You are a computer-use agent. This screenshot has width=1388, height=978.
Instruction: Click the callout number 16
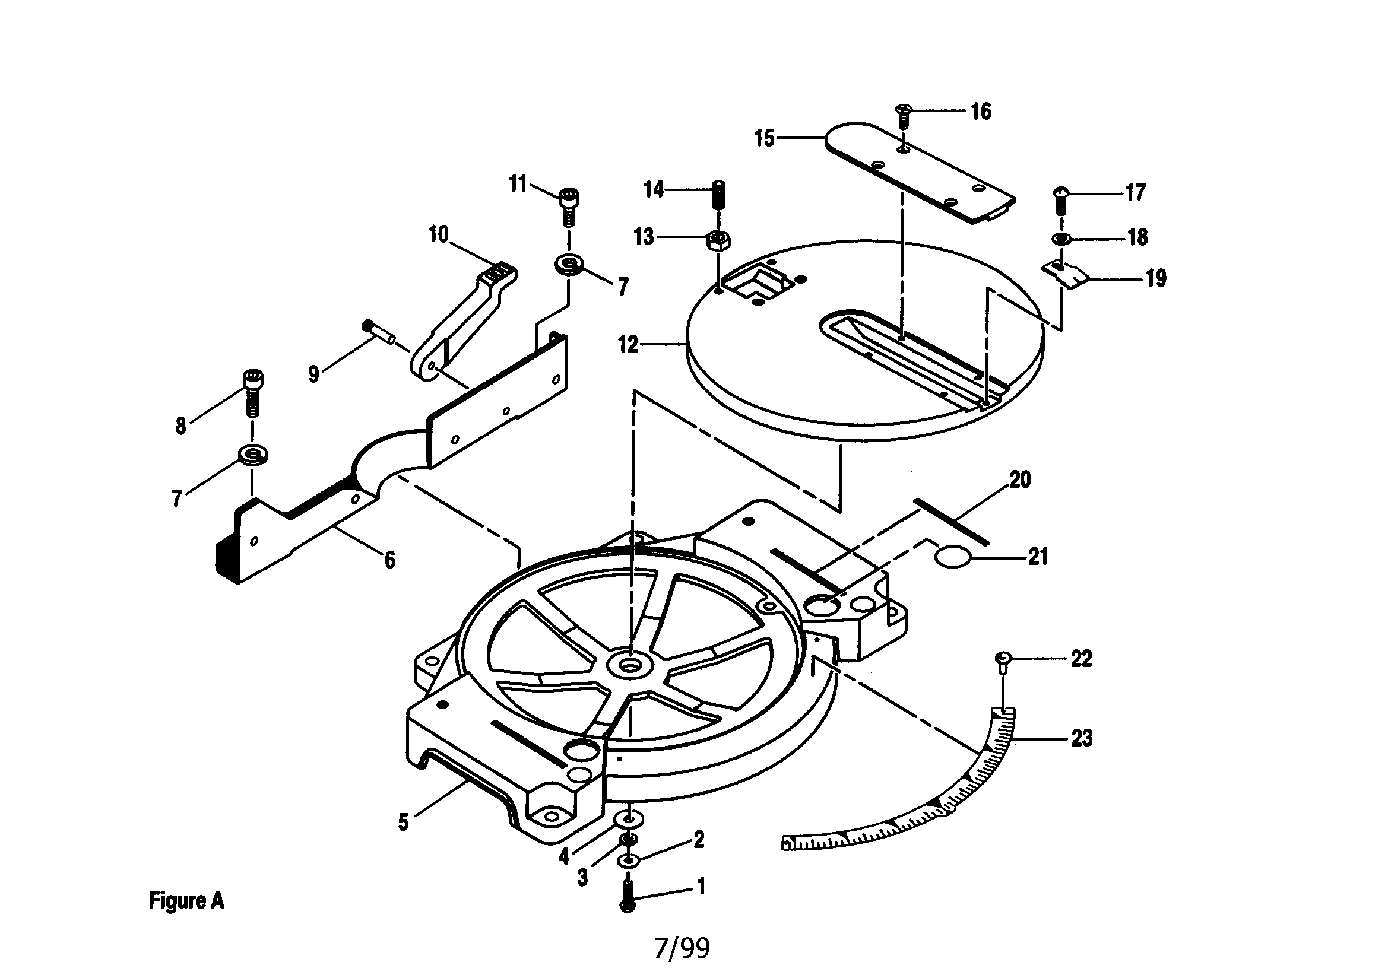pos(981,111)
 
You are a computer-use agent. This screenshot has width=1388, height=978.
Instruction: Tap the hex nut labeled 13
pos(718,241)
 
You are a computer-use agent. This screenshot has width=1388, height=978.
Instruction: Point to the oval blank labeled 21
pos(953,556)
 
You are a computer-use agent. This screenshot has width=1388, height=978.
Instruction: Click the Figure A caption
pos(186,901)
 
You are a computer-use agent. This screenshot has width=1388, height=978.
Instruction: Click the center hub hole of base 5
pos(630,665)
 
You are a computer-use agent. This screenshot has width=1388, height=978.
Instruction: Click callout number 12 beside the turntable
pos(628,345)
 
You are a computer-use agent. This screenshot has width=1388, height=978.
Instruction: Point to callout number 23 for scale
pos(1082,738)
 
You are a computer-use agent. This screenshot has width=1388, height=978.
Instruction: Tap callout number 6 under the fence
pos(390,560)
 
